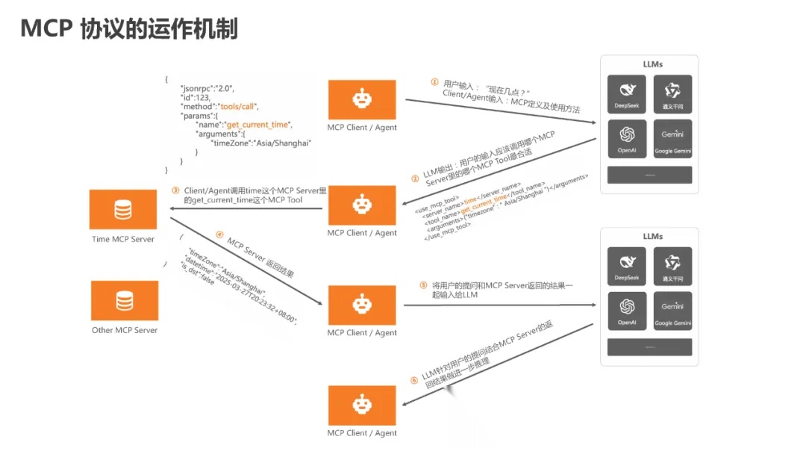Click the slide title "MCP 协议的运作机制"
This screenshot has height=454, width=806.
click(x=129, y=28)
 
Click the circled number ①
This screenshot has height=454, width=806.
click(x=434, y=83)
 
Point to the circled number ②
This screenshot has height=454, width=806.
click(x=416, y=178)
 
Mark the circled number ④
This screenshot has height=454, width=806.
click(x=219, y=234)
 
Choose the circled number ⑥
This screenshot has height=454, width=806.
click(x=414, y=379)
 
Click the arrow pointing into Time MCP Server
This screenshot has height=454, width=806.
click(x=246, y=208)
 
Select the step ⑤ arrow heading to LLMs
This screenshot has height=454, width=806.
click(x=500, y=305)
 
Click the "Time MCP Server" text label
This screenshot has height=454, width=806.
click(x=123, y=239)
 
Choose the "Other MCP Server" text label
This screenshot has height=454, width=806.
click(x=125, y=329)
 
